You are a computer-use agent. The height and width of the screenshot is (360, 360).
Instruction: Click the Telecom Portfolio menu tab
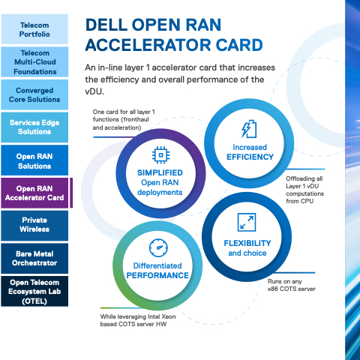34,29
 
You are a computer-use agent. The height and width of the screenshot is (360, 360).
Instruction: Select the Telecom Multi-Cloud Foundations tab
34,62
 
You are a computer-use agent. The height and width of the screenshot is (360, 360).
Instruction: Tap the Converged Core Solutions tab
34,94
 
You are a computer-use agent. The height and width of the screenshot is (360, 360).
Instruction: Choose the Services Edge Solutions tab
34,127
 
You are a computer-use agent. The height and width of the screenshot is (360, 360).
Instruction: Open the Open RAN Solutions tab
34,160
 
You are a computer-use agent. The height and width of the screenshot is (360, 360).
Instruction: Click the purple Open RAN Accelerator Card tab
34,193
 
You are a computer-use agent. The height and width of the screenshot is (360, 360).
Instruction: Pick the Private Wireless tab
34,226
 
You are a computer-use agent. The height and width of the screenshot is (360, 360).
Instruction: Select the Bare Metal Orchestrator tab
34,259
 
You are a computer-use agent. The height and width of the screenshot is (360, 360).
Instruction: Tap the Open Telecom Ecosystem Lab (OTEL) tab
34,291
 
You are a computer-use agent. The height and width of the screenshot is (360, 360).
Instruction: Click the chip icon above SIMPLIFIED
160,155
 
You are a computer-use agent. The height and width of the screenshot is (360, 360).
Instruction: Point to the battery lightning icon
249,129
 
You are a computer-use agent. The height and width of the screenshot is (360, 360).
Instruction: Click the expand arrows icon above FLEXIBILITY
247,222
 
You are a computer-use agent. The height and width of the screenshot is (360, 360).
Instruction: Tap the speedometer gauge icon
158,247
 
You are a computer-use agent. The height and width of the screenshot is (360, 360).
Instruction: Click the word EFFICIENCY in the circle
250,157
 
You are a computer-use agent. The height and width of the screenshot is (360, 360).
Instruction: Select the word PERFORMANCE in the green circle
157,275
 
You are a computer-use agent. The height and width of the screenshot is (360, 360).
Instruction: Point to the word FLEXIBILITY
247,243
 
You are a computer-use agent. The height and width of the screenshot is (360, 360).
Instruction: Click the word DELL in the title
106,25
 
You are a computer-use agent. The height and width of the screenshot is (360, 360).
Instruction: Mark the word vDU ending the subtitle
94,91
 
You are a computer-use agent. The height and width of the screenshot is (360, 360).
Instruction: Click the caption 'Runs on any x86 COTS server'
292,285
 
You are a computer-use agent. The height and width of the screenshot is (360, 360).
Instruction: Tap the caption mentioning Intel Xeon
138,320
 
